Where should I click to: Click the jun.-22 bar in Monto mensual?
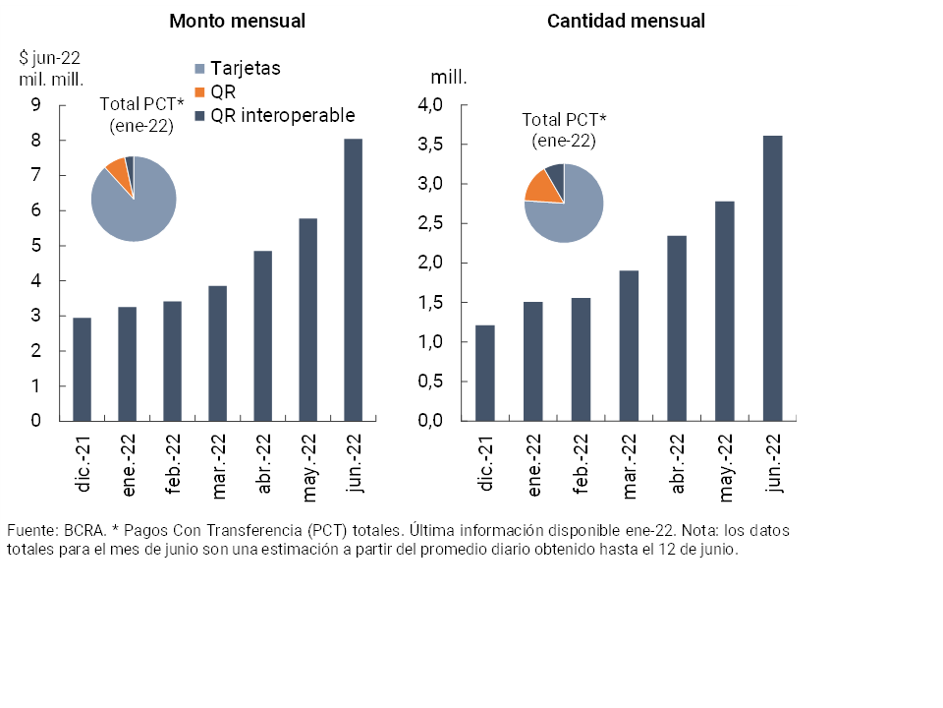click(x=353, y=280)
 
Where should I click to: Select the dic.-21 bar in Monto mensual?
click(x=82, y=370)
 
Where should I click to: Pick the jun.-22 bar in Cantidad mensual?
click(x=772, y=278)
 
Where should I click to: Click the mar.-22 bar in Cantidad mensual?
click(x=629, y=345)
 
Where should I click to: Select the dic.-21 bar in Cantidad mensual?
click(x=485, y=373)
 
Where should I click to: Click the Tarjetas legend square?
click(x=201, y=69)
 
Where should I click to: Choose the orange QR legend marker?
click(x=201, y=92)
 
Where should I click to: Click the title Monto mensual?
click(x=237, y=21)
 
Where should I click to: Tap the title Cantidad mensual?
click(x=626, y=21)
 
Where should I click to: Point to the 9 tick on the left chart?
click(x=36, y=105)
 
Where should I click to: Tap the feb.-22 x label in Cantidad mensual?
click(x=582, y=462)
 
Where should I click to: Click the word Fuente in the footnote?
click(x=30, y=530)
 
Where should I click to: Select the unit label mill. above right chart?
click(x=448, y=76)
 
